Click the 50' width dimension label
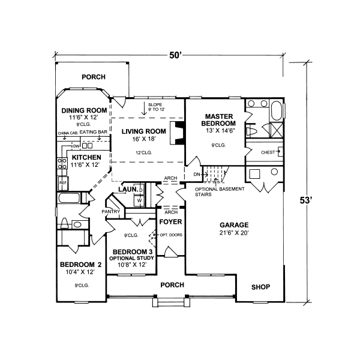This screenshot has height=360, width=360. [x=175, y=55]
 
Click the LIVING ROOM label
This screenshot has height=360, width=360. [x=143, y=131]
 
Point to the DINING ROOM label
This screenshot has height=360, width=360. [x=84, y=110]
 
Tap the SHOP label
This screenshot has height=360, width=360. [x=260, y=287]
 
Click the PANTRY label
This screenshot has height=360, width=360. [x=112, y=212]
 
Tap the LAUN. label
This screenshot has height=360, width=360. [x=127, y=190]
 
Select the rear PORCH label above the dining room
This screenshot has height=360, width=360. [x=93, y=77]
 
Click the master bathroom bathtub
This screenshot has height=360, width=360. [x=275, y=111]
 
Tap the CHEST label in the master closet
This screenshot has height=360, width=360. [x=267, y=152]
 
